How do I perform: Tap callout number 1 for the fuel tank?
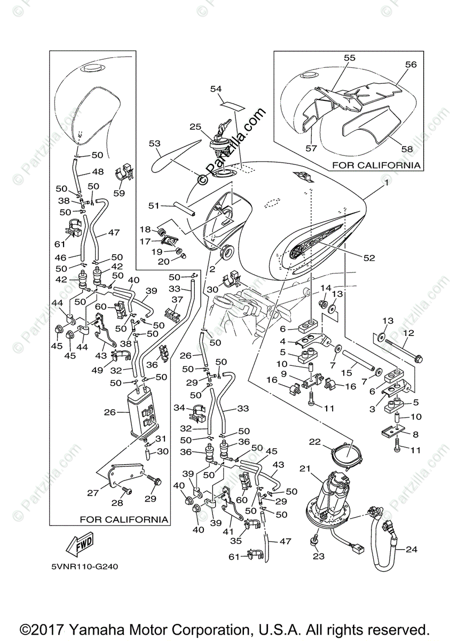(385, 183)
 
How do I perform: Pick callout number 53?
(155, 143)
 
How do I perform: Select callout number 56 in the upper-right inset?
(410, 65)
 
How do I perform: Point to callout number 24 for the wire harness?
(410, 549)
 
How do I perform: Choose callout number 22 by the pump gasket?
(315, 442)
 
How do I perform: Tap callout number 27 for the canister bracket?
(93, 493)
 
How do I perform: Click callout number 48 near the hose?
(98, 172)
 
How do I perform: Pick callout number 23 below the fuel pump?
(319, 556)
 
